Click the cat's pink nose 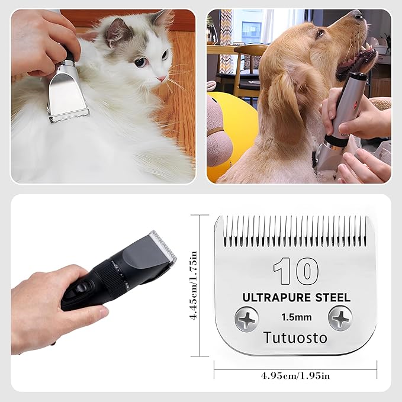pyautogui.click(x=162, y=79)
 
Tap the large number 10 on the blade pyautogui.click(x=296, y=271)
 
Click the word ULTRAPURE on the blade pyautogui.click(x=276, y=298)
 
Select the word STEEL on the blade pyautogui.click(x=333, y=298)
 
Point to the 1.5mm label pyautogui.click(x=297, y=317)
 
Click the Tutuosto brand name pyautogui.click(x=295, y=337)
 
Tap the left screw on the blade pyautogui.click(x=247, y=319)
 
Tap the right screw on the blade pyautogui.click(x=340, y=319)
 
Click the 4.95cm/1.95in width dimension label pyautogui.click(x=295, y=376)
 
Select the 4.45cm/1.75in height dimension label pyautogui.click(x=194, y=285)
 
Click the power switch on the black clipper pyautogui.click(x=82, y=287)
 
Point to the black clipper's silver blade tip pyautogui.click(x=163, y=245)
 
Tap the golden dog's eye pyautogui.click(x=320, y=33)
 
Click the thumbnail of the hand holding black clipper pyautogui.click(x=105, y=312)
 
